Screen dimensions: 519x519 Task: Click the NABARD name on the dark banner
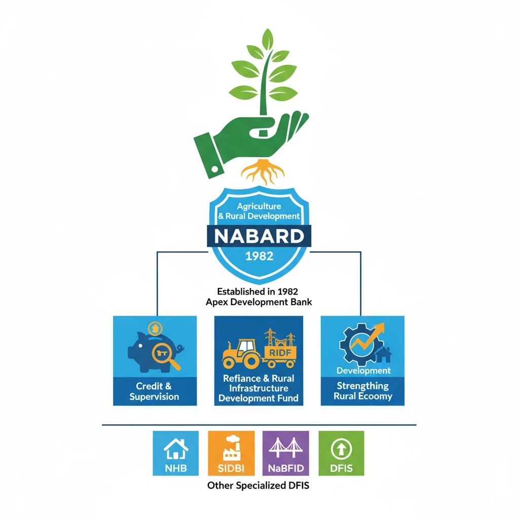click(259, 236)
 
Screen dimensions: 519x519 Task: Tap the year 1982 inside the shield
click(259, 256)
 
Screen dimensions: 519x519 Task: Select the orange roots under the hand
click(263, 171)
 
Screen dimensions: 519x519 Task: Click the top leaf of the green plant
click(268, 39)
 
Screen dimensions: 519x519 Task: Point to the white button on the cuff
click(215, 169)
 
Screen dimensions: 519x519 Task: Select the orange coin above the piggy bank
click(155, 328)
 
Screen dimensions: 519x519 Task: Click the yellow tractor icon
click(241, 354)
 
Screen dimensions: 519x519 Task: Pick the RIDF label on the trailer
click(280, 353)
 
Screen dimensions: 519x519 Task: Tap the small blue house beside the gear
click(384, 354)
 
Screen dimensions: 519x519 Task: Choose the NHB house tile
click(176, 453)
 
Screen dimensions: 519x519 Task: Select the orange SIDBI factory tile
click(231, 453)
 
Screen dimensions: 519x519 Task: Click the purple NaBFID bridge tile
click(286, 453)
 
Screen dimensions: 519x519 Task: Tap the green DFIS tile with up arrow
click(341, 453)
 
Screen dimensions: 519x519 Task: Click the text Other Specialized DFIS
click(258, 486)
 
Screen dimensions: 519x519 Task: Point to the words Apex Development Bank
click(259, 302)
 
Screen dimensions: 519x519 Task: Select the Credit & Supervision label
click(154, 391)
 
